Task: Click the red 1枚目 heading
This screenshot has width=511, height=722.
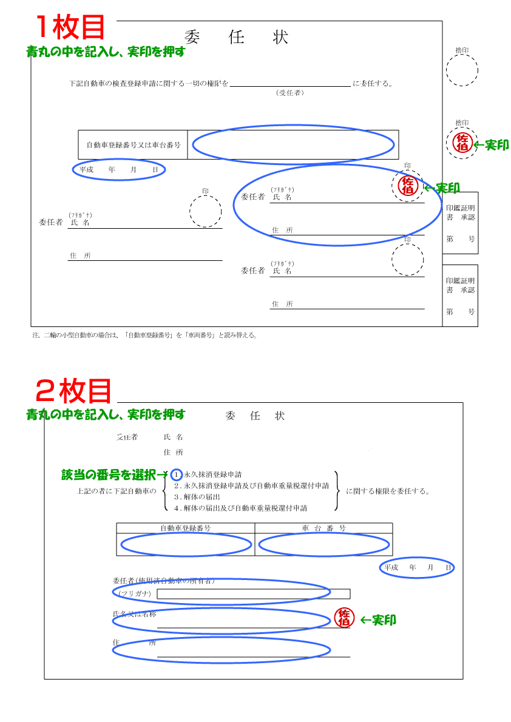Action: point(70,27)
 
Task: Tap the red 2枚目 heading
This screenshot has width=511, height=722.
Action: point(73,391)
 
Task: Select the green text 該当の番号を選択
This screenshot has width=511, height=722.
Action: point(109,474)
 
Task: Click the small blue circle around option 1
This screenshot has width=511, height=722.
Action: point(177,474)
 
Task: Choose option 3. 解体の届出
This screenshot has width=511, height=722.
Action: point(197,497)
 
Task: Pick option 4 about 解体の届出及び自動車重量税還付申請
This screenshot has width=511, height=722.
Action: point(241,508)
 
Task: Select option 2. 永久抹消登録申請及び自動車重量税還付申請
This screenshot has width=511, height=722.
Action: point(251,485)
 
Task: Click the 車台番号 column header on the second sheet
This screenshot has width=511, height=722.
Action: point(323,528)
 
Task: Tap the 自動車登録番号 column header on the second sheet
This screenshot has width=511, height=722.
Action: point(186,528)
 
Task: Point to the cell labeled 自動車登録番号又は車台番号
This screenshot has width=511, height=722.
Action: point(134,145)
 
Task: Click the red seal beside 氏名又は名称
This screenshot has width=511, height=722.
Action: point(344,618)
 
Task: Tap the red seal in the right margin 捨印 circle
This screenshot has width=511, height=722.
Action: point(462,143)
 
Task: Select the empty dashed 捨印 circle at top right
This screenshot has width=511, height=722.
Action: point(462,70)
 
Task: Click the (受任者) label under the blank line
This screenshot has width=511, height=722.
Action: point(290,93)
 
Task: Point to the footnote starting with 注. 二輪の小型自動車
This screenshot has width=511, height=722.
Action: point(145,335)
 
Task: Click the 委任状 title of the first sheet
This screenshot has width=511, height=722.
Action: point(236,38)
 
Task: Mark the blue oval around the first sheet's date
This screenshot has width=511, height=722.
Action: point(119,170)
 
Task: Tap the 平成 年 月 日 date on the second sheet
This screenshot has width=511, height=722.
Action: point(418,567)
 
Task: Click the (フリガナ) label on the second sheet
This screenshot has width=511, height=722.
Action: point(135,593)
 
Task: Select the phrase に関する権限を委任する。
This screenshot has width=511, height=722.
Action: point(388,491)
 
